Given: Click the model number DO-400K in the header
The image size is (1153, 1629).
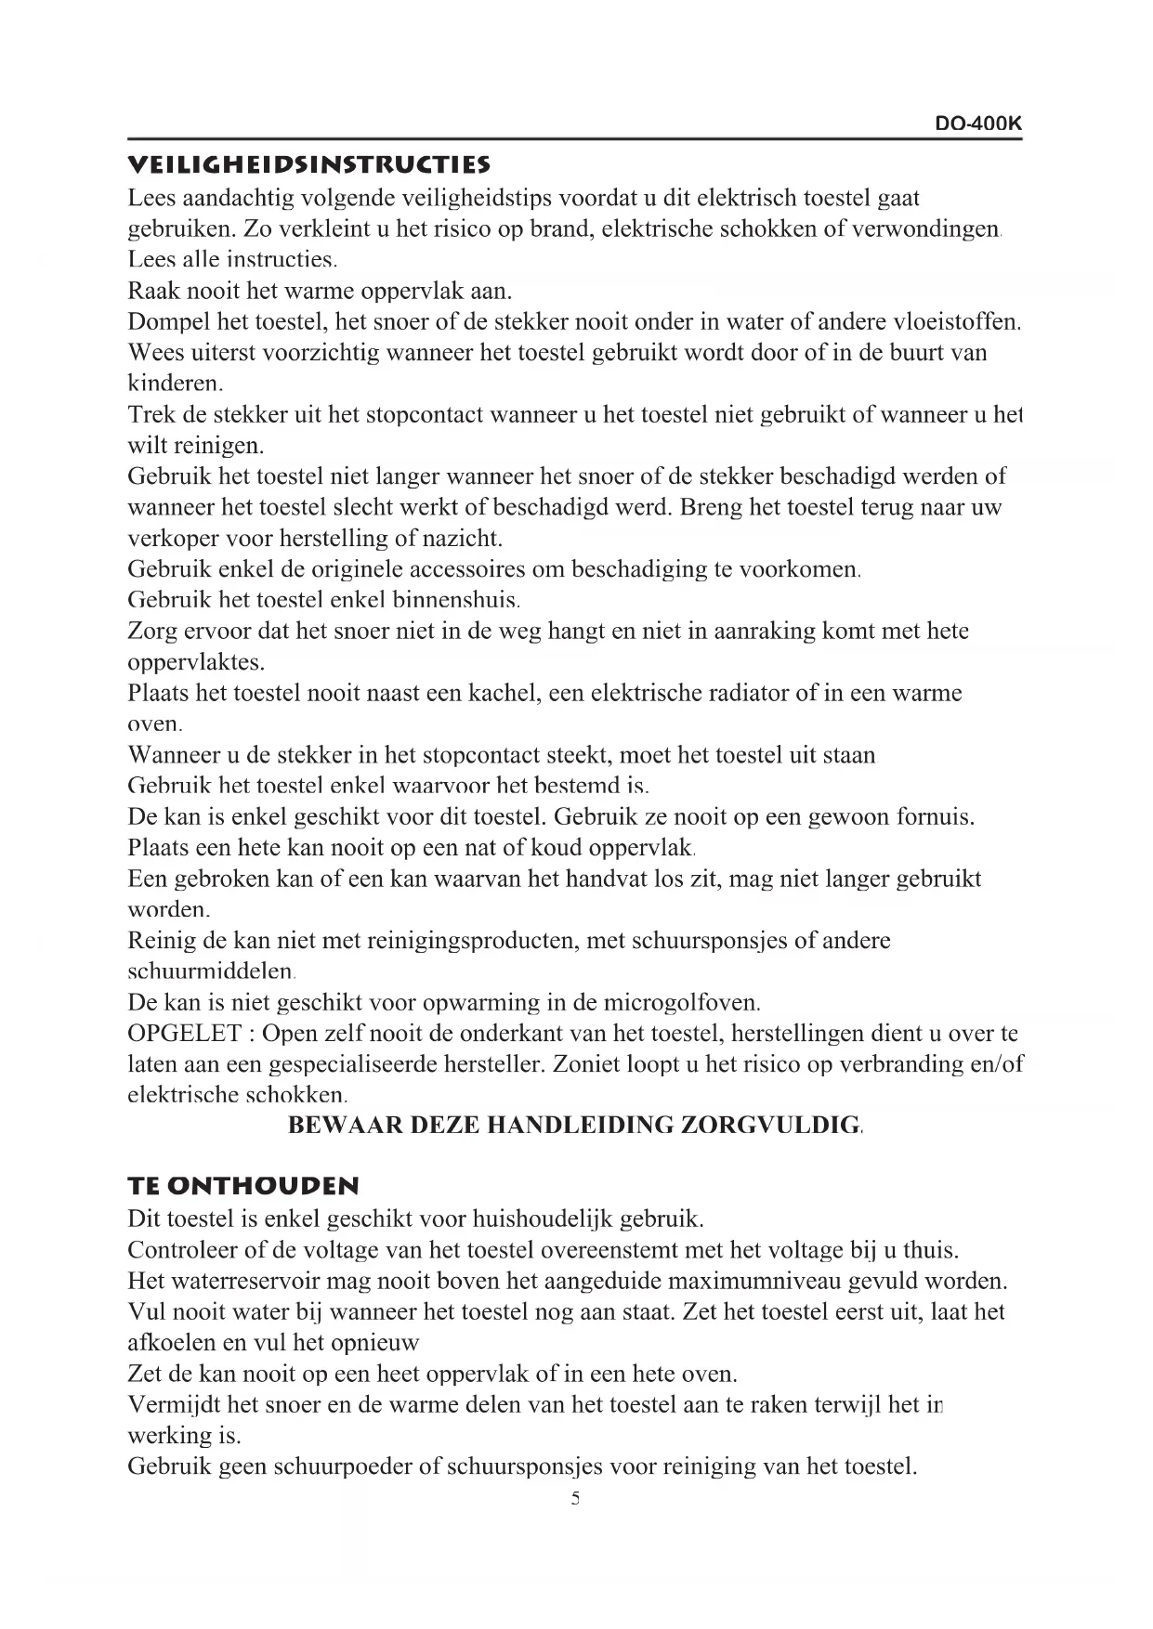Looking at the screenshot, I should [978, 124].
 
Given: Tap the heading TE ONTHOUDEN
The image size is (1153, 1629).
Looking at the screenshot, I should [243, 1186].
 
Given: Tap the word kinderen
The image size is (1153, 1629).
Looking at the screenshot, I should [174, 384].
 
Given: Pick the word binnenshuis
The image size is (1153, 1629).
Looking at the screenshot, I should [456, 600].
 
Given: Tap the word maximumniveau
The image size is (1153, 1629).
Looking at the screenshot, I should [754, 1282].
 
